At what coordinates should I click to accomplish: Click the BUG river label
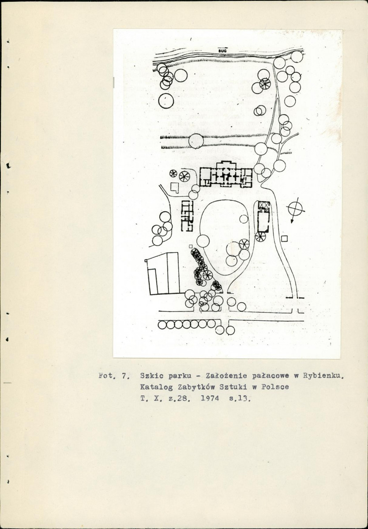click(222, 51)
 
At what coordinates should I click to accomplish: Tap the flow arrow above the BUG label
click(223, 48)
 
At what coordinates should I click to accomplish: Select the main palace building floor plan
click(226, 174)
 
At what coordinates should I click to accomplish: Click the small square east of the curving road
click(284, 239)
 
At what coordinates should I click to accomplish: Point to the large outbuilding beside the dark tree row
click(163, 274)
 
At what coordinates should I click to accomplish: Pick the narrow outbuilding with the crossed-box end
click(264, 217)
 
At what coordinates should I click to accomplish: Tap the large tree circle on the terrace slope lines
click(196, 141)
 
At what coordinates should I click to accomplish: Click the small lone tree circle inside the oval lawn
click(244, 219)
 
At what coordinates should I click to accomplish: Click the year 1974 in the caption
click(210, 398)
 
